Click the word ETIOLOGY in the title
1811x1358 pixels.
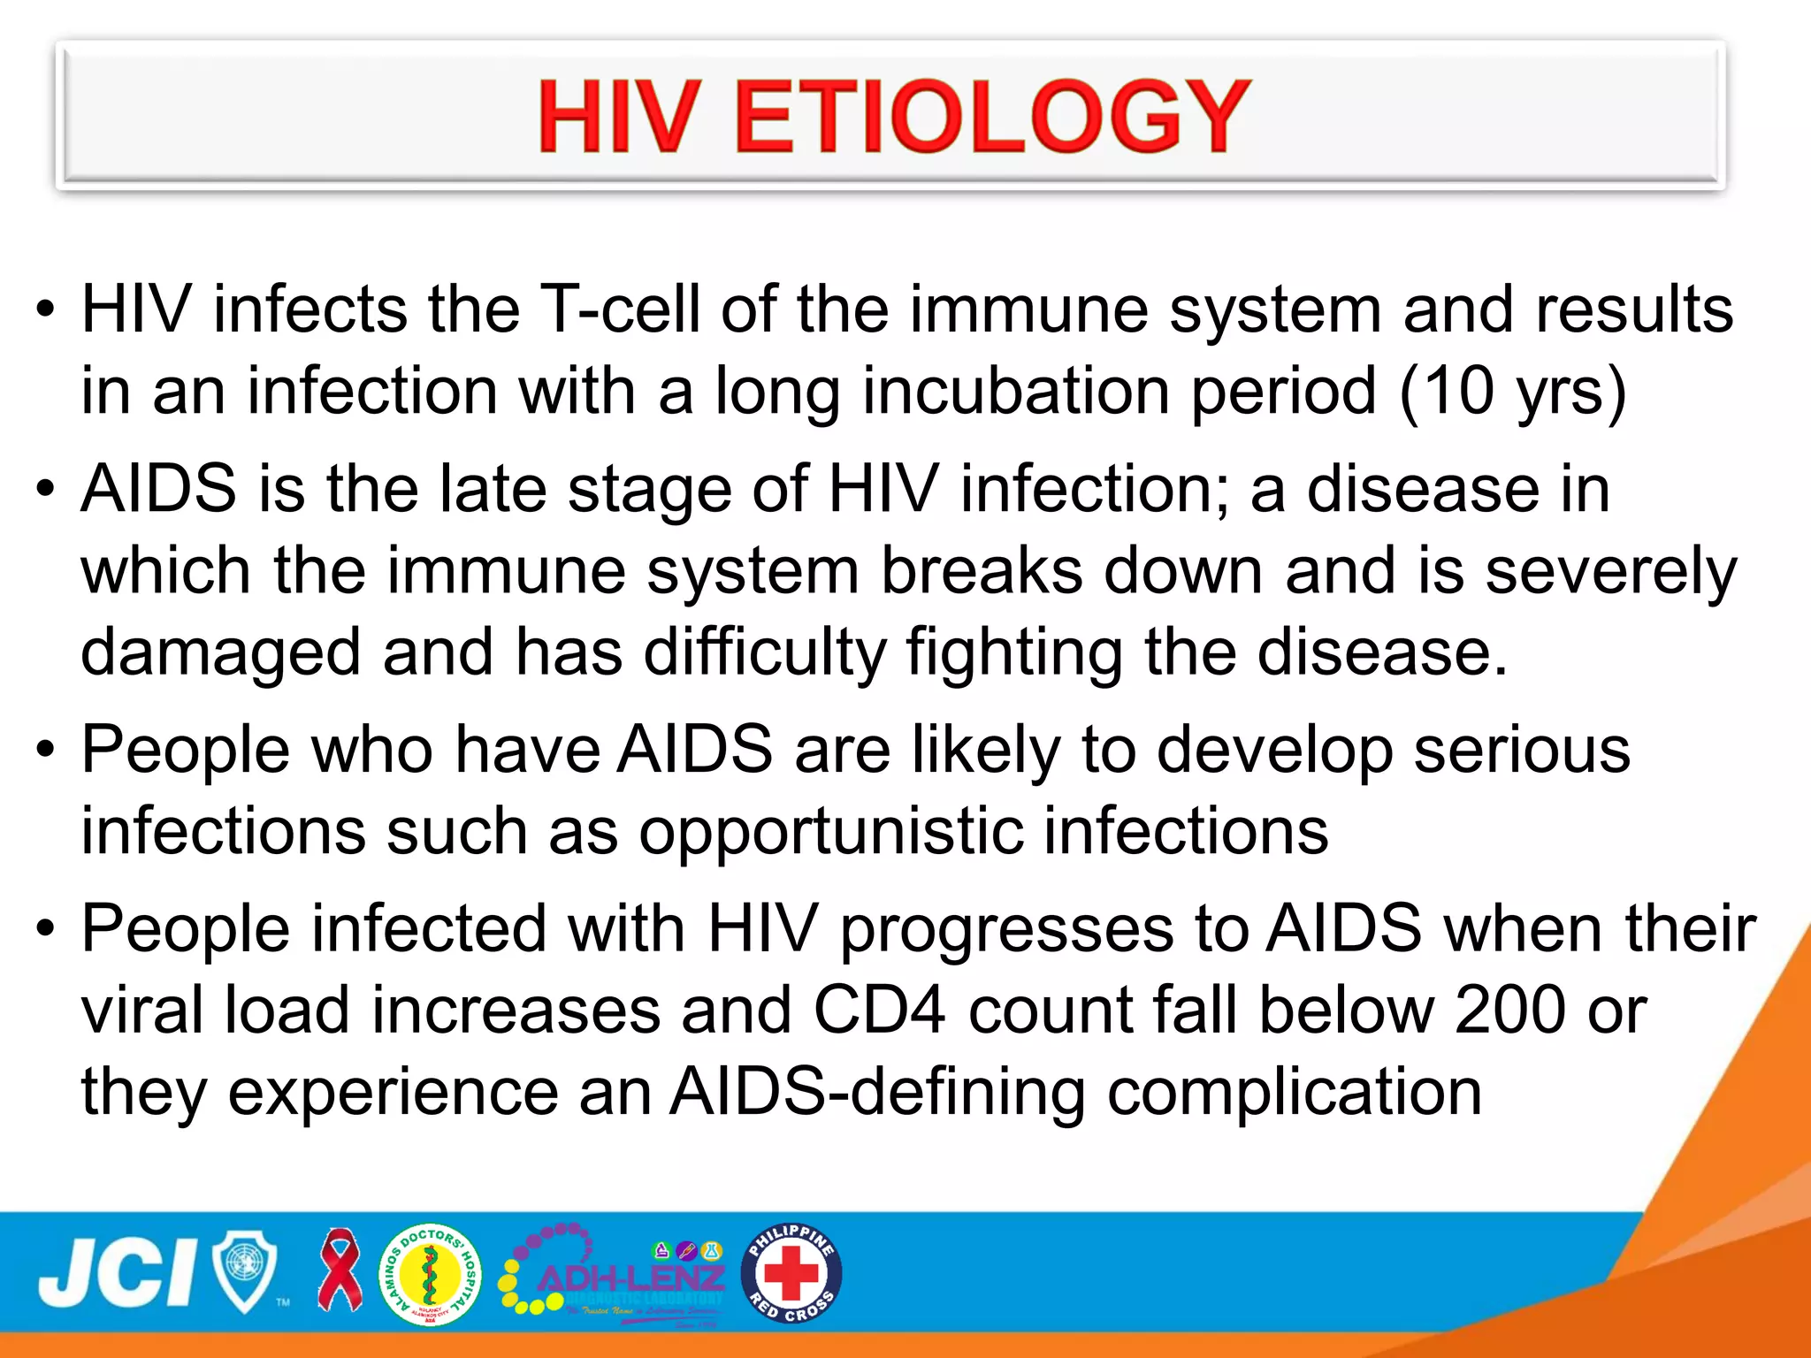point(991,116)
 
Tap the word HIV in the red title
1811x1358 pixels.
point(619,116)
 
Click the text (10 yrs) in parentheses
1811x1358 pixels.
point(1513,391)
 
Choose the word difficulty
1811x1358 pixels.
point(764,653)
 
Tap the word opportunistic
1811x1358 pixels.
point(830,832)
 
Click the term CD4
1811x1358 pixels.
point(879,1011)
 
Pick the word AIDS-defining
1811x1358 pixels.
point(876,1093)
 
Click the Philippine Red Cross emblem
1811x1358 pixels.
point(791,1273)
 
